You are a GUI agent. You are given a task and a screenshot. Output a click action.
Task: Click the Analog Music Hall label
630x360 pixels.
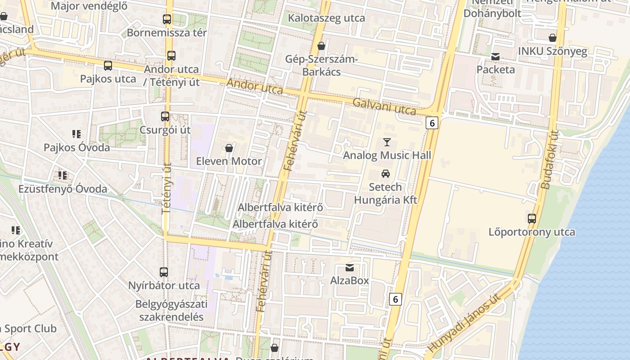[x=387, y=155]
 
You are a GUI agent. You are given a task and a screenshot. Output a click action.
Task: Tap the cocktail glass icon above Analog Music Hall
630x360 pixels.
[x=387, y=142]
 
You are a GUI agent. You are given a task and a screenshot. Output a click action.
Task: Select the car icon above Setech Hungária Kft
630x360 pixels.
[x=386, y=174]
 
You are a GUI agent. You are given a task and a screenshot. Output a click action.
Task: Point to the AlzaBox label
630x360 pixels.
[x=350, y=280]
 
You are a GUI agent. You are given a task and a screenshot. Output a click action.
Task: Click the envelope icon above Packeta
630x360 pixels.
[x=495, y=57]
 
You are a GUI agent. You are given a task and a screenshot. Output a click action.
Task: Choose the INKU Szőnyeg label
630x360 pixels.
[x=553, y=51]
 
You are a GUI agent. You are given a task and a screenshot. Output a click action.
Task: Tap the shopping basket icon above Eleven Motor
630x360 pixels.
[x=229, y=148]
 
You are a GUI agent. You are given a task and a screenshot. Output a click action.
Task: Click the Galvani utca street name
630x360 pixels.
[x=384, y=106]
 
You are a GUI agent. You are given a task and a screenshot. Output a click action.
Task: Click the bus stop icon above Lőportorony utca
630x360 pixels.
[x=532, y=219]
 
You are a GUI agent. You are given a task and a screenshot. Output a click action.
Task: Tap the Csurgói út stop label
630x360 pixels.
[x=166, y=130]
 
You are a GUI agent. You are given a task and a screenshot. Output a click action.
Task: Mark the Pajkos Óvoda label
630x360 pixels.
[x=76, y=147]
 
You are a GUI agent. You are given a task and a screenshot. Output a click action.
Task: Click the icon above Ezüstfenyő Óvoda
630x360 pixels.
[x=62, y=175]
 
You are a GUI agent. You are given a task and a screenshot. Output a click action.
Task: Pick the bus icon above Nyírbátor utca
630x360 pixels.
[x=164, y=272]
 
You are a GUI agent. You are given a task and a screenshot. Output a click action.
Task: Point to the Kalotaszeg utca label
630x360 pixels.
[x=326, y=18]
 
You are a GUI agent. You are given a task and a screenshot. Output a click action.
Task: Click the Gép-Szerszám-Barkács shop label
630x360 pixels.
[x=321, y=66]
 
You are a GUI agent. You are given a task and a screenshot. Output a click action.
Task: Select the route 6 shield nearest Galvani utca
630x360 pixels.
[x=432, y=123]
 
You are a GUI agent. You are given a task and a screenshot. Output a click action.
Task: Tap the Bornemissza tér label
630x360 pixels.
[x=167, y=32]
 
